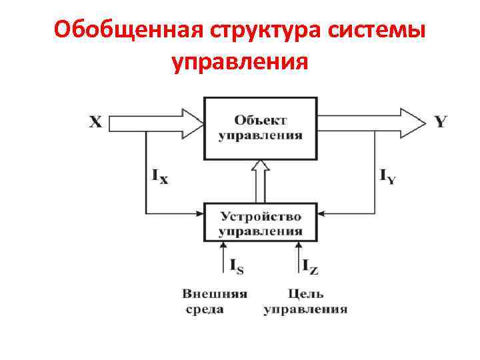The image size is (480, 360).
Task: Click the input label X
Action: pyautogui.click(x=95, y=122)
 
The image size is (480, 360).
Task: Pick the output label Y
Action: pyautogui.click(x=441, y=122)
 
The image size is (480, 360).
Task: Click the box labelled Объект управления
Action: pyautogui.click(x=260, y=128)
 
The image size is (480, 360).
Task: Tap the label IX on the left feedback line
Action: pyautogui.click(x=160, y=176)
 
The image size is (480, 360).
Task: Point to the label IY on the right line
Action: pyautogui.click(x=387, y=176)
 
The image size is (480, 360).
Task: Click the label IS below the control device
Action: pyautogui.click(x=236, y=267)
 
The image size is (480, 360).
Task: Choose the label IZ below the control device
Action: pyautogui.click(x=310, y=267)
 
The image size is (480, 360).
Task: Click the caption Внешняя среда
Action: pyautogui.click(x=215, y=301)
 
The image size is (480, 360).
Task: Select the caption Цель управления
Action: pyautogui.click(x=305, y=301)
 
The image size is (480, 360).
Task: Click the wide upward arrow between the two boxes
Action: pyautogui.click(x=260, y=181)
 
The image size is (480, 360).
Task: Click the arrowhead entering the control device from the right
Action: pyautogui.click(x=322, y=214)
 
